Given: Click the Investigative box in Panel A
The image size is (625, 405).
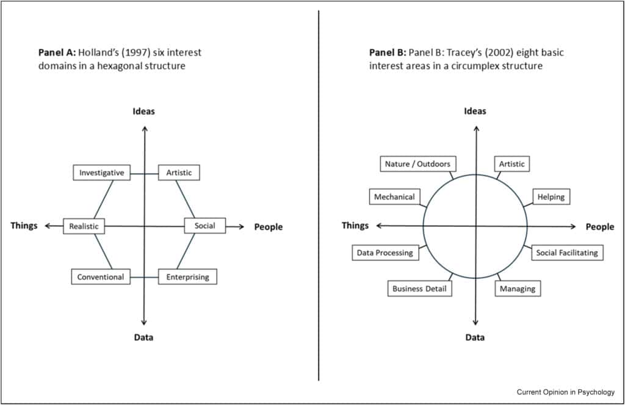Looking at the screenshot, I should (x=101, y=173).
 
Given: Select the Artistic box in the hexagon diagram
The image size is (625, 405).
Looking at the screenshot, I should (x=179, y=173).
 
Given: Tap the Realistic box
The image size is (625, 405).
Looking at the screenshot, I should (x=84, y=226).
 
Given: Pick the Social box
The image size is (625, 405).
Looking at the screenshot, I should (x=204, y=226).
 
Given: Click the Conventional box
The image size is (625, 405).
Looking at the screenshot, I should (x=100, y=277).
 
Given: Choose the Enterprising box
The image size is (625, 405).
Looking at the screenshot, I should (x=187, y=277).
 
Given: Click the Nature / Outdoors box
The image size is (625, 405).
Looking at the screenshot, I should (x=417, y=164).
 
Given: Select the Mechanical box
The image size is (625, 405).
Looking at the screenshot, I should (x=394, y=196).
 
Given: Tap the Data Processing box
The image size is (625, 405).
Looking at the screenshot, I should (x=385, y=253).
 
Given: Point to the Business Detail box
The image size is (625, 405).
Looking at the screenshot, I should (x=419, y=289).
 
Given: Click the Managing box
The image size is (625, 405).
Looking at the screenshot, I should (x=517, y=289).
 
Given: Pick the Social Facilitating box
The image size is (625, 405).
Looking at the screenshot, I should (x=567, y=253).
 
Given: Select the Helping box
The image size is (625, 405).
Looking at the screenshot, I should (x=551, y=196).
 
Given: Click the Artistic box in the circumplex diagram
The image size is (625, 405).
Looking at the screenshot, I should (x=511, y=164).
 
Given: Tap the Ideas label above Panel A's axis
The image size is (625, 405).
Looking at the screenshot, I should (x=144, y=111).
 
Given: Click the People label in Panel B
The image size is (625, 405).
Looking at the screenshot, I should (x=599, y=227).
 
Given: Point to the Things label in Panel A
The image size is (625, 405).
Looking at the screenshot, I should (x=24, y=226).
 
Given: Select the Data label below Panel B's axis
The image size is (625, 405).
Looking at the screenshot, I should (x=475, y=337).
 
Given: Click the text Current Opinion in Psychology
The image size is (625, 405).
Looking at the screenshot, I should (x=565, y=392).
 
